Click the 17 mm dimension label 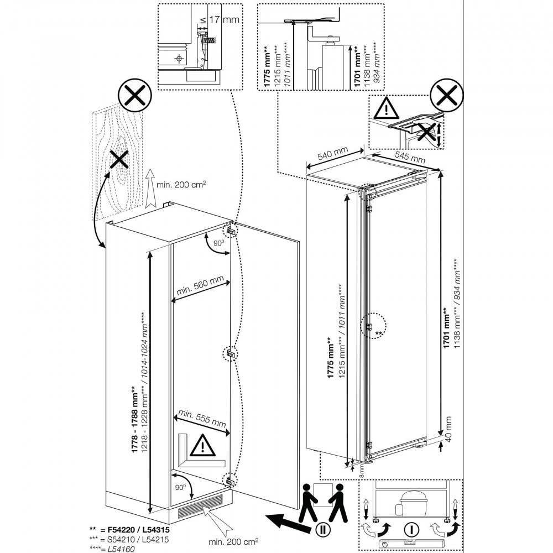click(x=225, y=20)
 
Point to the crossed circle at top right click(x=446, y=98)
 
